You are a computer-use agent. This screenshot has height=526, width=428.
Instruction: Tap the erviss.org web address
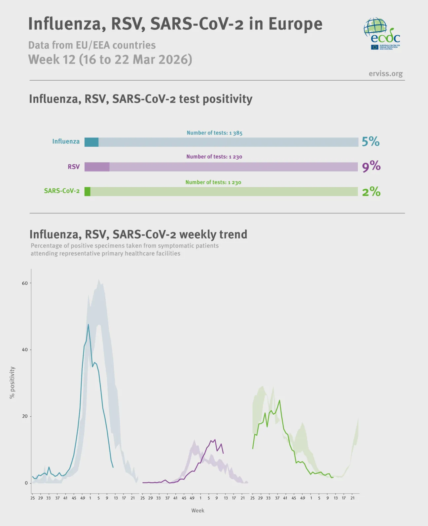385,74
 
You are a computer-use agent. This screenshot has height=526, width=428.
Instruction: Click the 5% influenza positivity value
370,142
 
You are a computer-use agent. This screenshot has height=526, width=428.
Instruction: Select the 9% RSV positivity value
371,166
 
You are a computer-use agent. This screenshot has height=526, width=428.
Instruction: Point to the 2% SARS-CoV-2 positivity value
371,192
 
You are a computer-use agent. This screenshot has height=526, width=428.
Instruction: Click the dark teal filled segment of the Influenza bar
91,142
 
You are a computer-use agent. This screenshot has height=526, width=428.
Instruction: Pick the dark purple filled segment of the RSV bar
97,167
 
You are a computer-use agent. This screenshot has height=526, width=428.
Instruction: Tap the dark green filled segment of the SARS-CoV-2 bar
88,192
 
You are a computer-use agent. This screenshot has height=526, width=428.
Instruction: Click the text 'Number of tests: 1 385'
214,133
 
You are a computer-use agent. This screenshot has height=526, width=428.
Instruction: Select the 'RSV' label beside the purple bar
74,167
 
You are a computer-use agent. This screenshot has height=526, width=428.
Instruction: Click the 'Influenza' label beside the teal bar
66,141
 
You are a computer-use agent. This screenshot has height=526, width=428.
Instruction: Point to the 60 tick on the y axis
25,283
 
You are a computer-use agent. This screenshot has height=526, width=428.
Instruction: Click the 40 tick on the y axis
25,350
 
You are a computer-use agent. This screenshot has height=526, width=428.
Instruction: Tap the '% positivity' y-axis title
12,383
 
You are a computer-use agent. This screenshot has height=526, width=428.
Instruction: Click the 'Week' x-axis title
198,510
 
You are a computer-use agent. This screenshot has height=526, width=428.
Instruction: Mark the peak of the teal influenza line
88,324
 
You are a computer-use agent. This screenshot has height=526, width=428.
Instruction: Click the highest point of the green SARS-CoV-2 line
280,400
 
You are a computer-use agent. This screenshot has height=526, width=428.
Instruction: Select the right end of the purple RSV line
223,453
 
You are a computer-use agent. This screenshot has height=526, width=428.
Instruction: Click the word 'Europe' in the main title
295,24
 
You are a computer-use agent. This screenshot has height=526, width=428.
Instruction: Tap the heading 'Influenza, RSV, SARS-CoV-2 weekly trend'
138,234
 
